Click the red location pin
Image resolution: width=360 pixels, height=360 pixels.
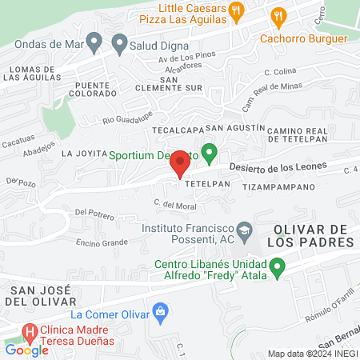point(181,162)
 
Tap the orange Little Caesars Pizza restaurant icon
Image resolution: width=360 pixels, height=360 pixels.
point(235,10)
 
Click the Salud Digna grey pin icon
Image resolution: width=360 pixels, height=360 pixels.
point(120,41)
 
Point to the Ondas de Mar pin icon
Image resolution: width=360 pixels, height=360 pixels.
point(94,41)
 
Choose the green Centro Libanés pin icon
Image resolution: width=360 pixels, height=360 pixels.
point(278,266)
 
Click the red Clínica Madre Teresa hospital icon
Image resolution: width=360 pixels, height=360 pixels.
point(30,330)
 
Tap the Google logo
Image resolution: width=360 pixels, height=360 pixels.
point(26,350)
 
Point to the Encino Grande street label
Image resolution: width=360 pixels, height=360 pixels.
point(102,242)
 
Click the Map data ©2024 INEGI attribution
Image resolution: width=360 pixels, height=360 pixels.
point(312,354)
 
